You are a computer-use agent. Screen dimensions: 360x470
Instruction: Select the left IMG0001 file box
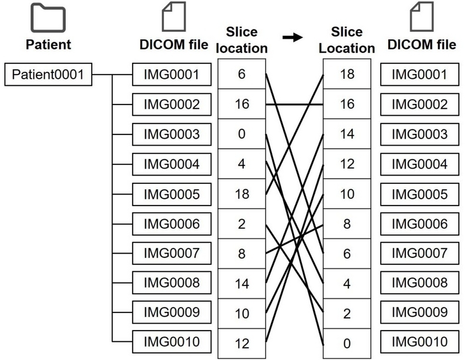click(x=172, y=75)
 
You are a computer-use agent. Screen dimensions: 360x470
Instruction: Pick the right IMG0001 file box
click(x=419, y=75)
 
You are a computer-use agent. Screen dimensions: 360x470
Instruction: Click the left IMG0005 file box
click(x=172, y=193)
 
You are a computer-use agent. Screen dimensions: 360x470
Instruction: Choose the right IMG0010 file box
click(x=419, y=341)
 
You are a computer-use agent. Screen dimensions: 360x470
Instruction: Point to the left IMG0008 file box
click(x=172, y=282)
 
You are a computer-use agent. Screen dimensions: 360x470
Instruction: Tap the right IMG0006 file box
click(x=419, y=223)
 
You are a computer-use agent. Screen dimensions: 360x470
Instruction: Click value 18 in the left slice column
click(x=241, y=193)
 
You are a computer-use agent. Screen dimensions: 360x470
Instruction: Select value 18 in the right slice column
click(x=347, y=75)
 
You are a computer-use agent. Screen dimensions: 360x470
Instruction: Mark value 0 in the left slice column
click(x=241, y=134)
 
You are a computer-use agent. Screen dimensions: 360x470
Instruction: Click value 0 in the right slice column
click(x=347, y=342)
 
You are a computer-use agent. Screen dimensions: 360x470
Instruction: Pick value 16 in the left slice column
click(x=241, y=105)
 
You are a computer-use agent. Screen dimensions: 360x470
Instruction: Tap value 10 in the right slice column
click(x=347, y=193)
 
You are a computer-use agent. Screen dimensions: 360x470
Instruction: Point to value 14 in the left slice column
click(x=241, y=282)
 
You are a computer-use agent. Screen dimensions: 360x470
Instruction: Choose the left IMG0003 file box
click(x=172, y=134)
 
